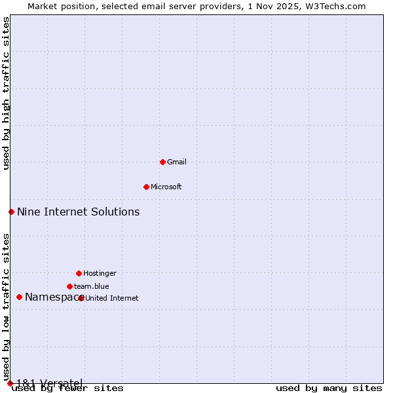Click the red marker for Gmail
tap(162, 162)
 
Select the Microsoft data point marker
tap(146, 187)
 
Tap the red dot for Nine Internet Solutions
tap(11, 212)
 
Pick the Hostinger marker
tap(79, 273)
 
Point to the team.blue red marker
tap(69, 286)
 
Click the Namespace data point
tap(19, 297)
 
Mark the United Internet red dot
tap(81, 298)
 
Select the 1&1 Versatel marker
tap(10, 383)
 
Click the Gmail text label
tap(178, 162)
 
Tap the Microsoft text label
tap(166, 187)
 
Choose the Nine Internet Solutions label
tap(78, 212)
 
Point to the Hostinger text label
tap(100, 273)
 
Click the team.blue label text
tap(92, 286)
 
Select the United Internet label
tap(112, 298)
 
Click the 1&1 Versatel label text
tap(49, 383)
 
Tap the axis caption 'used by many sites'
tap(329, 388)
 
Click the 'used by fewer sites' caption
tap(67, 388)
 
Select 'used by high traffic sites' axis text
tap(6, 93)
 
